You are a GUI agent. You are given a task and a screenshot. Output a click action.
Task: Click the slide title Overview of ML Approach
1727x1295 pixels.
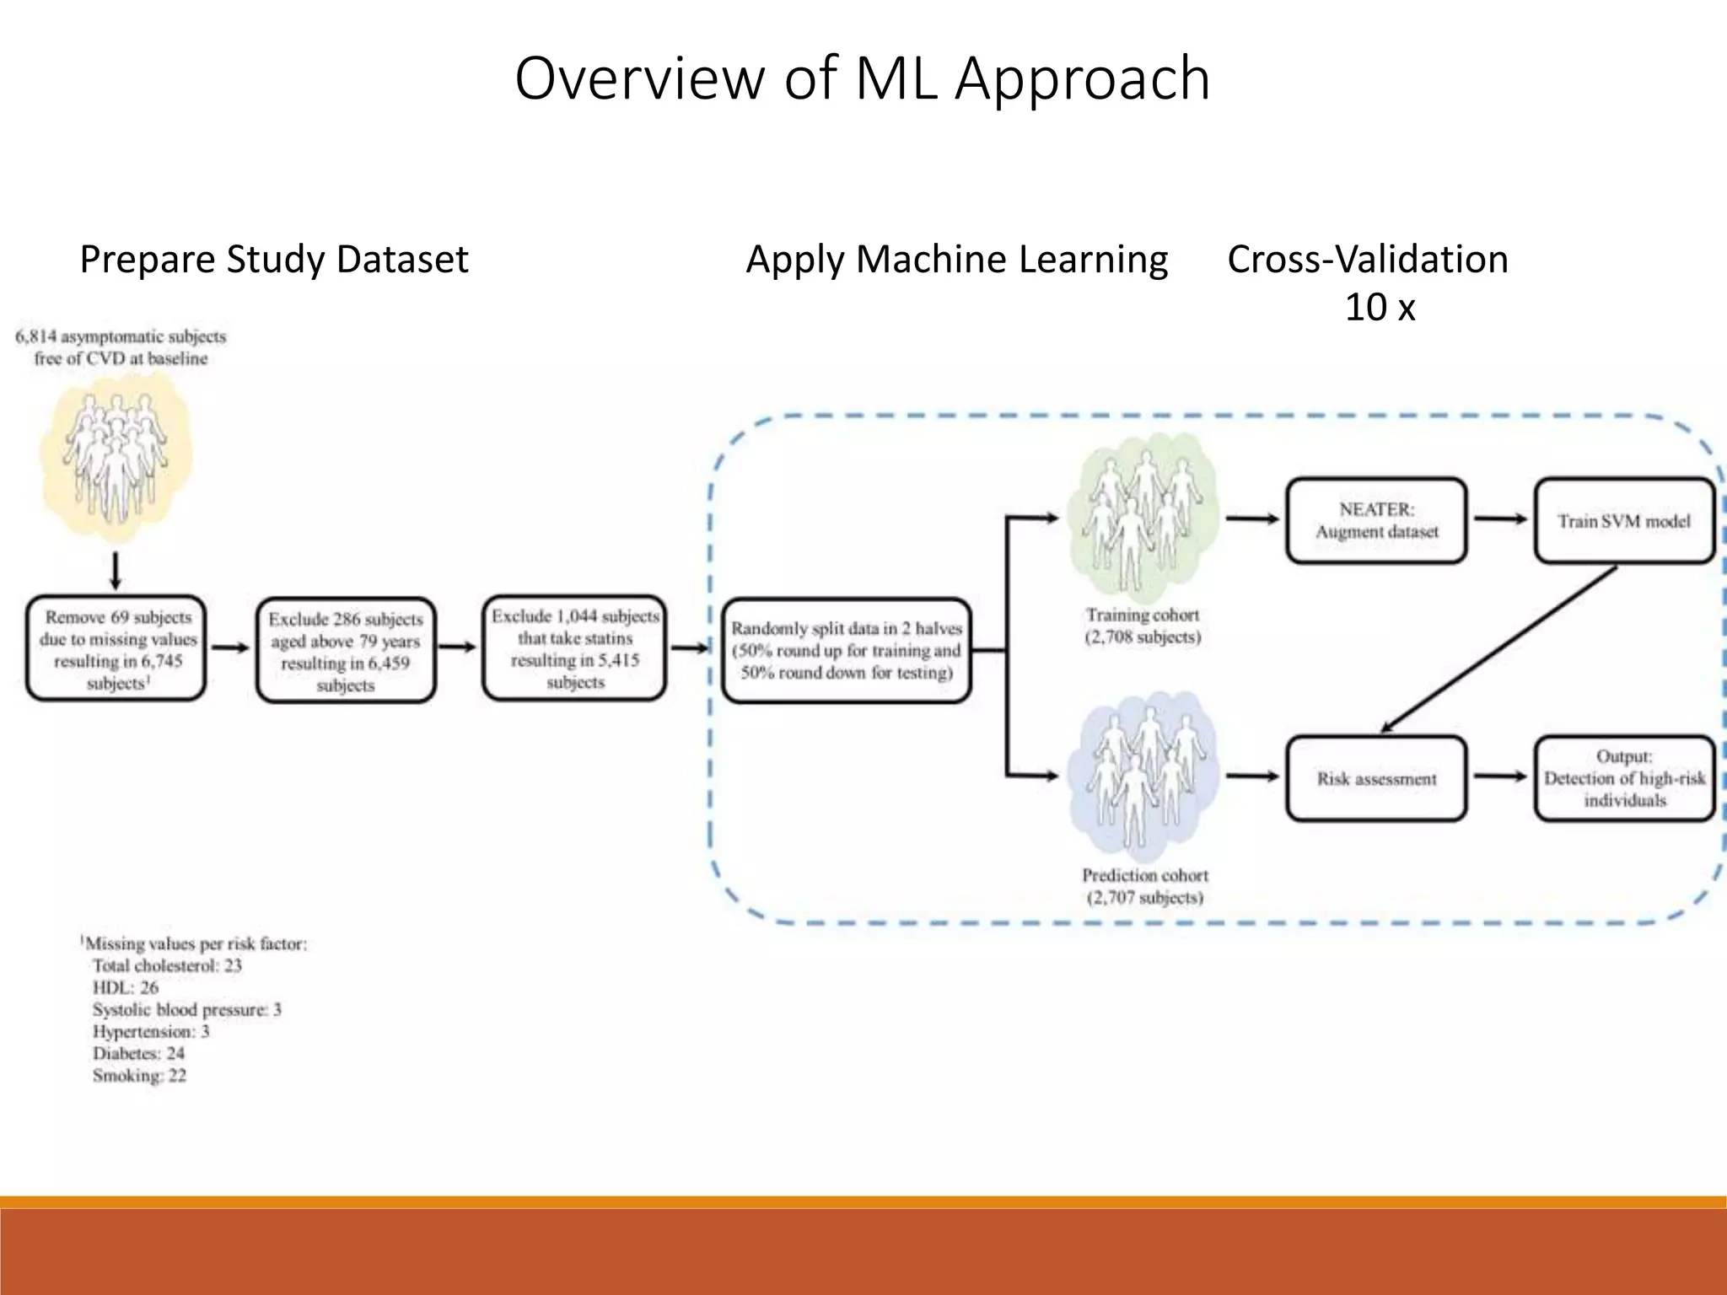pyautogui.click(x=862, y=78)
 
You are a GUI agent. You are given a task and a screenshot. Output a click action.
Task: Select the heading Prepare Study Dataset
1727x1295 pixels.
pyautogui.click(x=273, y=259)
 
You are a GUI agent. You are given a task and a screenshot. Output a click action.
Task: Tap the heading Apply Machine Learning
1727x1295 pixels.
pyautogui.click(x=956, y=259)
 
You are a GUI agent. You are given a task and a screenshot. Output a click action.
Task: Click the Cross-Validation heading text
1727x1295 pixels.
pyautogui.click(x=1367, y=259)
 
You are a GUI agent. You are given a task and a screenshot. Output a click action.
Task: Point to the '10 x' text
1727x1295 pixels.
pyautogui.click(x=1379, y=307)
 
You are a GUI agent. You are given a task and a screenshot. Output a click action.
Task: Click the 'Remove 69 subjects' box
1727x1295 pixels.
pyautogui.click(x=116, y=649)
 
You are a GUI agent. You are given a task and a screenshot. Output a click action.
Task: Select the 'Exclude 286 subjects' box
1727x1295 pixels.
pyautogui.click(x=346, y=651)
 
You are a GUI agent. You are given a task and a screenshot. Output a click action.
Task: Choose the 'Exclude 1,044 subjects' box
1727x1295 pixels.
pyautogui.click(x=575, y=648)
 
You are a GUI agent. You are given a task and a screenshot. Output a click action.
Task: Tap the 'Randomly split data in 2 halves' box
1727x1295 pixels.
pyautogui.click(x=847, y=650)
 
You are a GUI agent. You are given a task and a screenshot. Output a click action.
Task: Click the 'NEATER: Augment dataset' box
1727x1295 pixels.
pyautogui.click(x=1376, y=521)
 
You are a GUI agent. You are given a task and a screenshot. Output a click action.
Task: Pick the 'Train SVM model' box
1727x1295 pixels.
pyautogui.click(x=1623, y=521)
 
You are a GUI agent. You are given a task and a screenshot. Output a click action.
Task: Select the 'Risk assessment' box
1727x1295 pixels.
pyautogui.click(x=1376, y=779)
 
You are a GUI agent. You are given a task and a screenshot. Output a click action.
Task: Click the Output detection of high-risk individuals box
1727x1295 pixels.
pyautogui.click(x=1623, y=779)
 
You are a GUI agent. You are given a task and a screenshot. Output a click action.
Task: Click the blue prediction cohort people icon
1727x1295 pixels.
pyautogui.click(x=1143, y=776)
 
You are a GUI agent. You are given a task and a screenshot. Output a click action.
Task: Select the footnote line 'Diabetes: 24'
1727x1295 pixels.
pyautogui.click(x=138, y=1054)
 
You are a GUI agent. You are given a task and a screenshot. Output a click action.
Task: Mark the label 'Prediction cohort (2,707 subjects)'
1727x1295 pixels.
pyautogui.click(x=1144, y=886)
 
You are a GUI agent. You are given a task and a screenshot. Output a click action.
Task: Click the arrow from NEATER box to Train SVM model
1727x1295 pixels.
pyautogui.click(x=1500, y=519)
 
